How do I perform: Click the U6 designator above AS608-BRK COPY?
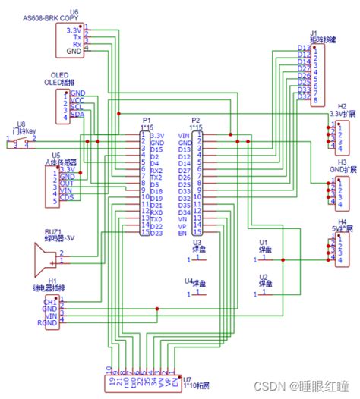(73, 11)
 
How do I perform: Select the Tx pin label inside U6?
(77, 37)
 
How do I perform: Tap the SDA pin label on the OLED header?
(77, 115)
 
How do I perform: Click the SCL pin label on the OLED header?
(77, 107)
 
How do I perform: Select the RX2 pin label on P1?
(155, 171)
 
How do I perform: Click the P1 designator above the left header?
(147, 120)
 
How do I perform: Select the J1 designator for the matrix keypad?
(314, 33)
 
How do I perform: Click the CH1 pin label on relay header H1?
(49, 300)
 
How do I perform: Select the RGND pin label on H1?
(48, 323)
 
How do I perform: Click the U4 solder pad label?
(188, 281)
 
